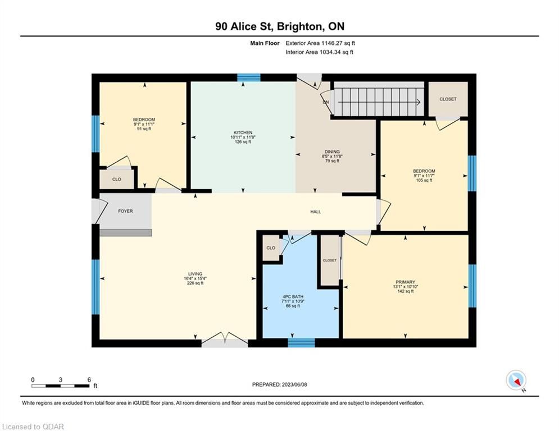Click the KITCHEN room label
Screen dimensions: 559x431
point(243,132)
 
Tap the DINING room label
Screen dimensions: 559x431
point(332,152)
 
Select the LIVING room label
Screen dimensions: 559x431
point(196,274)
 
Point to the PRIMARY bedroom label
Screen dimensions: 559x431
point(406,282)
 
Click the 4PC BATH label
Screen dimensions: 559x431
point(293,296)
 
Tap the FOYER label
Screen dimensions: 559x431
point(125,211)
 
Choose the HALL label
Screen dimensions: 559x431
point(316,212)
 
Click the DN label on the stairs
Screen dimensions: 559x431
point(325,102)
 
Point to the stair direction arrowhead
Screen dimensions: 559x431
point(419,102)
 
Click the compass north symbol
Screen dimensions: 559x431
point(516,380)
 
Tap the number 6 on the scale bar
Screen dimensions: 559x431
point(89,380)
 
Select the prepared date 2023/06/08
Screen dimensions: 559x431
point(294,384)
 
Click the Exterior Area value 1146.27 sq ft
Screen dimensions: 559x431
point(338,43)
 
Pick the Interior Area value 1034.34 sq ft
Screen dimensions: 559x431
point(337,52)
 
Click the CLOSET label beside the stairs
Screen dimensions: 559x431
point(448,99)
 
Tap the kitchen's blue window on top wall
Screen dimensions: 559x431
point(249,77)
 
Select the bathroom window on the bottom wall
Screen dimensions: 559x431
point(301,343)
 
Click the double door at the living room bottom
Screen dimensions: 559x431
point(225,341)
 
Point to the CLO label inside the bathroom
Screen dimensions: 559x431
point(271,247)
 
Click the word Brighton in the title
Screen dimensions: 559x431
point(299,26)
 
